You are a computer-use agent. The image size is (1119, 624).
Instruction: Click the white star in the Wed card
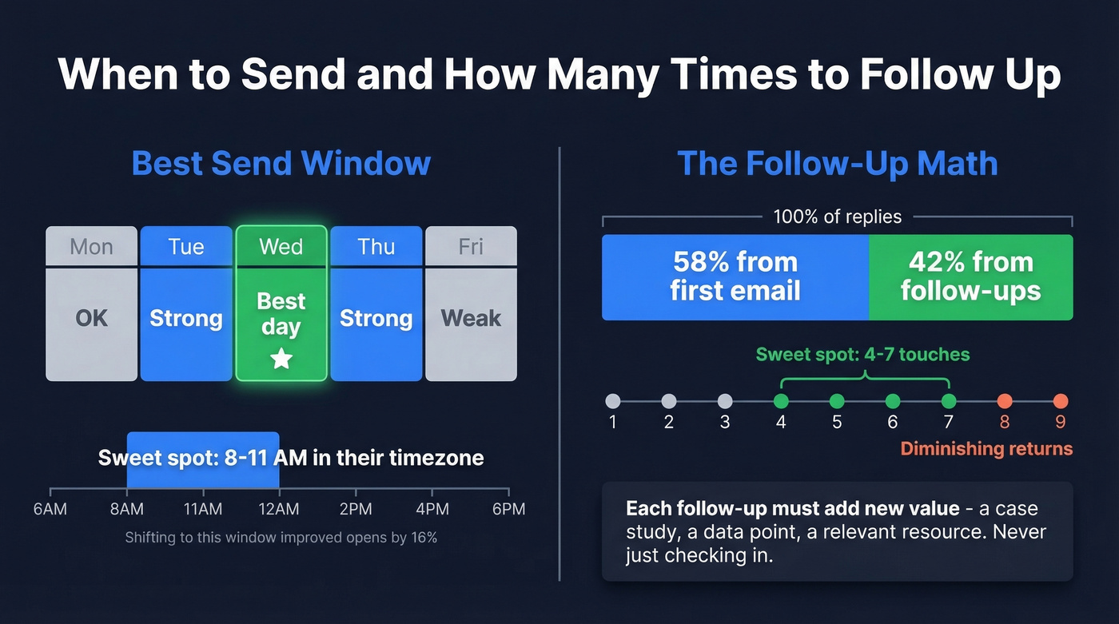[x=281, y=360]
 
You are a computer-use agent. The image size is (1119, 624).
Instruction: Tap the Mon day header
[x=91, y=246]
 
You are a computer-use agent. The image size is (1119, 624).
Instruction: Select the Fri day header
[x=471, y=246]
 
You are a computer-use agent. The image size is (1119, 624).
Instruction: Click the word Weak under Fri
[x=471, y=318]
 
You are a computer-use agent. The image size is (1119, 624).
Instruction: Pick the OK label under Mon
[x=91, y=318]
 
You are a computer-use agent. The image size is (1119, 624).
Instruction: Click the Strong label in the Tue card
[x=186, y=318]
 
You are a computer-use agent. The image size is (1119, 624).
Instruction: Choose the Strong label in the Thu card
[x=376, y=318]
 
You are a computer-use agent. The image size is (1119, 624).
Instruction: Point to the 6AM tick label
[x=50, y=510]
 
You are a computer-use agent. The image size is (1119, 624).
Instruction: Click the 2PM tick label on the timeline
[x=356, y=510]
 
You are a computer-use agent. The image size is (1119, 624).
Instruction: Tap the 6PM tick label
[x=508, y=510]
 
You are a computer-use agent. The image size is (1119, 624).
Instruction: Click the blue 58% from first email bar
[x=735, y=276]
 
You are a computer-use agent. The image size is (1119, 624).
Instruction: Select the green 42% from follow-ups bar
[x=970, y=276]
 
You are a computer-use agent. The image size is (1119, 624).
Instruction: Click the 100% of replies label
[x=837, y=217]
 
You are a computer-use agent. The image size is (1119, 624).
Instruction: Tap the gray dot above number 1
[x=613, y=401]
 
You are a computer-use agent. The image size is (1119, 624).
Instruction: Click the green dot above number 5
[x=837, y=401]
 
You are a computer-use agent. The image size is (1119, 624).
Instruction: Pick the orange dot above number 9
[x=1061, y=401]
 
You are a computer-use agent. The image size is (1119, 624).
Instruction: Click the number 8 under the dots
[x=1005, y=422]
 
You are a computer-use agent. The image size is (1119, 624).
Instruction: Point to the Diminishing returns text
[x=986, y=448]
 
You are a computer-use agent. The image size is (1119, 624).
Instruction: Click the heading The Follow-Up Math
[x=837, y=163]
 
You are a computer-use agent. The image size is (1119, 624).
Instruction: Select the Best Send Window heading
[x=281, y=163]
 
